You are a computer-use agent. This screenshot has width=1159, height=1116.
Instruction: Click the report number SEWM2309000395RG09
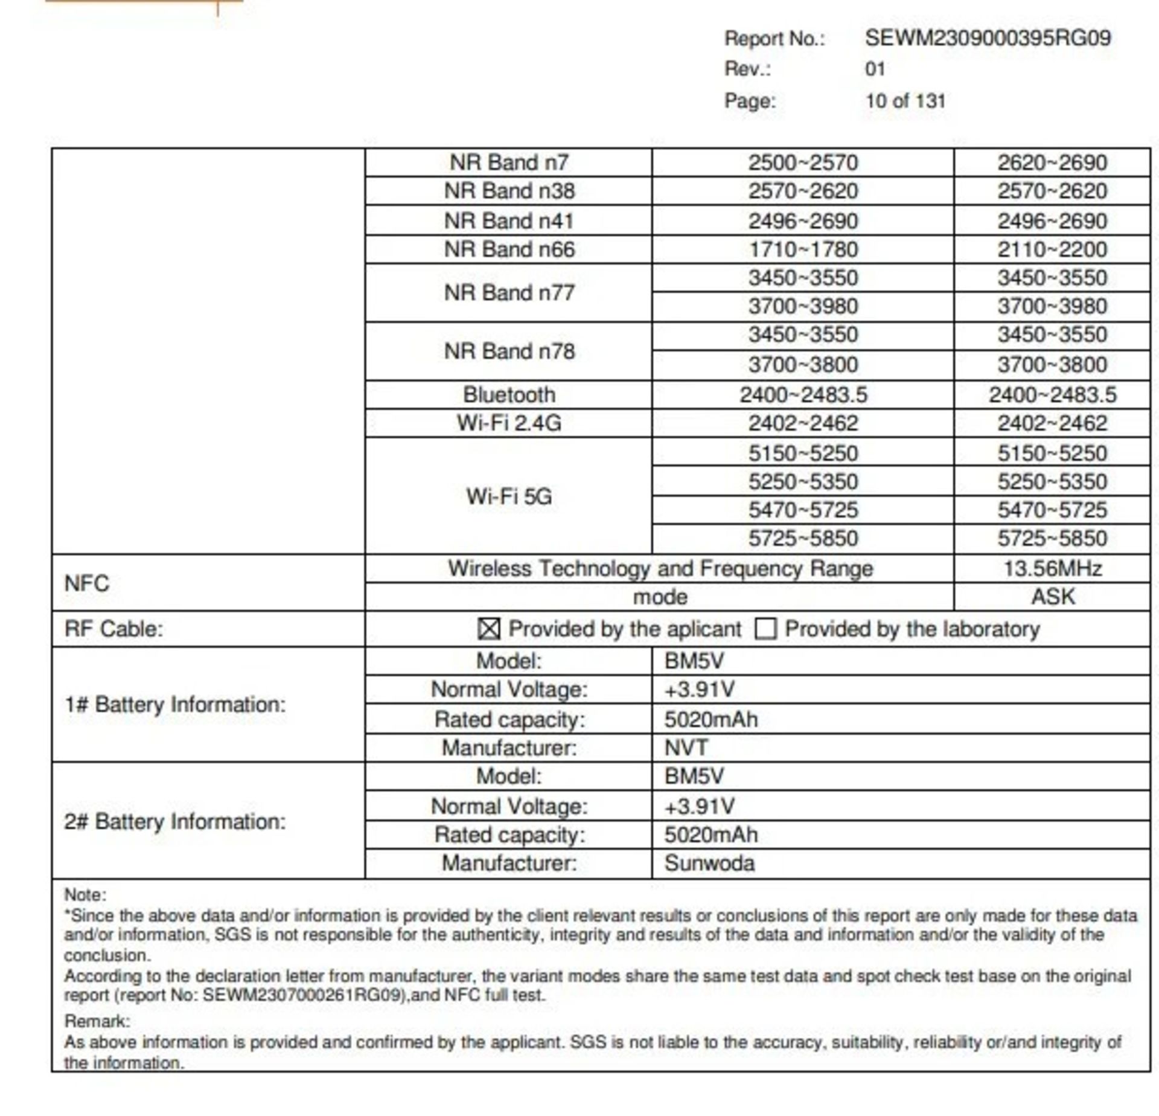pyautogui.click(x=988, y=38)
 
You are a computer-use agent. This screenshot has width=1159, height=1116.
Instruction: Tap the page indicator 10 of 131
pyautogui.click(x=905, y=101)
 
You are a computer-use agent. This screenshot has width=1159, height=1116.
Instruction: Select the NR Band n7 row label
pyautogui.click(x=509, y=162)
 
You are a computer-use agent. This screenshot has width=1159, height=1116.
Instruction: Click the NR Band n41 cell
pyautogui.click(x=509, y=220)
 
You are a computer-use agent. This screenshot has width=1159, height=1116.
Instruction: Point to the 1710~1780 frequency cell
pyautogui.click(x=803, y=249)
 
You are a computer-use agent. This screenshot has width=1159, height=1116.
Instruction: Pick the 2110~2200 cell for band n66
pyautogui.click(x=1052, y=249)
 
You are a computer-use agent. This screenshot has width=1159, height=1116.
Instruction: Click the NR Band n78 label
pyautogui.click(x=509, y=351)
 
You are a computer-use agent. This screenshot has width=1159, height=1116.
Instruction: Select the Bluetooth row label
pyautogui.click(x=509, y=394)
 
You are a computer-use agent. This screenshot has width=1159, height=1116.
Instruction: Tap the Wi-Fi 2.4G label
pyautogui.click(x=509, y=423)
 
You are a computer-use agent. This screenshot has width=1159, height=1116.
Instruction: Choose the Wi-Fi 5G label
pyautogui.click(x=509, y=496)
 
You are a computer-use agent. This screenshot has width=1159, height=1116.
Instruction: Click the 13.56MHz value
pyautogui.click(x=1052, y=568)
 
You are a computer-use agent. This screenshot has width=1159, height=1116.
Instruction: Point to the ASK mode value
pyautogui.click(x=1052, y=597)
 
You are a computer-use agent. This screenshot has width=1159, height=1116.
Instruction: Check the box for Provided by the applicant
pyautogui.click(x=488, y=629)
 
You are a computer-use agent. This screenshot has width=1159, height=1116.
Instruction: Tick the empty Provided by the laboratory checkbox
pyautogui.click(x=765, y=629)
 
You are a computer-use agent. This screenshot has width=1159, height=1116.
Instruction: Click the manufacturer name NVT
pyautogui.click(x=686, y=748)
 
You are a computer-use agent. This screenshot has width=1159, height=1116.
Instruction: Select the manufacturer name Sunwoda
pyautogui.click(x=709, y=863)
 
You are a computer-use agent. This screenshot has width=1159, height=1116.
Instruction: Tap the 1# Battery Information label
pyautogui.click(x=175, y=704)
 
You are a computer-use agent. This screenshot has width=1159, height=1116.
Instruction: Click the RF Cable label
pyautogui.click(x=114, y=629)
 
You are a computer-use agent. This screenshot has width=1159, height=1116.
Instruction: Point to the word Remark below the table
pyautogui.click(x=97, y=1021)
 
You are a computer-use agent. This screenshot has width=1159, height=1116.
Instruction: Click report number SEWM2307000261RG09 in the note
pyautogui.click(x=303, y=995)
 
